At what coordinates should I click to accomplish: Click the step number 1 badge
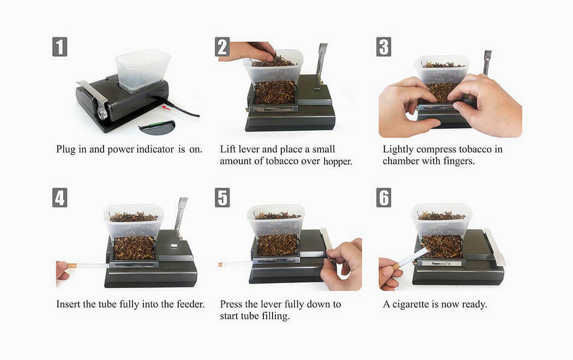pos(60,47)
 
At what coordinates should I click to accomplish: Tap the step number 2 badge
pos(222,47)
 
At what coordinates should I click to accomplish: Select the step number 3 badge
pos(384,47)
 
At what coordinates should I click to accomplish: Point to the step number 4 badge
pos(60,197)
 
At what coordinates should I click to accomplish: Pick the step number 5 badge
pos(222,197)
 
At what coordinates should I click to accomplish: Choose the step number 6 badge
pos(384,197)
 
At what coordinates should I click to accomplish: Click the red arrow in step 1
pos(166,107)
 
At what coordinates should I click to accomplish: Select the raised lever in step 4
pos(181,215)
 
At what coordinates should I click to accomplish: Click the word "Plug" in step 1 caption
pos(65,149)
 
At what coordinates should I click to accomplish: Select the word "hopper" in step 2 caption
pos(336,161)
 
